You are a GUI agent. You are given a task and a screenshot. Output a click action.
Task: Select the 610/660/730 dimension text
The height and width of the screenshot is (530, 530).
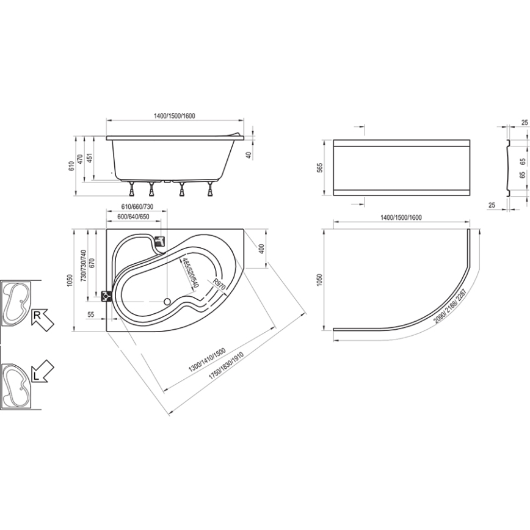[x=128, y=206]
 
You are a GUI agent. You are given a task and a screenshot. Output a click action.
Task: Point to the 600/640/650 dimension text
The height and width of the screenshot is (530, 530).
[x=129, y=217]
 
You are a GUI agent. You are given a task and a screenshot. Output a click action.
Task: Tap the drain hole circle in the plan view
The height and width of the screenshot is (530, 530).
[x=168, y=301]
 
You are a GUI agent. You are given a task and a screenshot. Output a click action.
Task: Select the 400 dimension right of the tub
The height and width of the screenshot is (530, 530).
[x=261, y=249]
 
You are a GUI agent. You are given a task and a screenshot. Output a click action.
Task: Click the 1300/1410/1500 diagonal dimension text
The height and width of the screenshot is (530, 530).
[x=208, y=360]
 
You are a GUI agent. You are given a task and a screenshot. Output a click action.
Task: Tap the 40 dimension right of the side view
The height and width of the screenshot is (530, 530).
[x=249, y=155]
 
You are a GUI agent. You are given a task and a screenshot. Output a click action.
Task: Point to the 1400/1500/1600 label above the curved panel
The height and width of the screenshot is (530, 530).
[x=401, y=217]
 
